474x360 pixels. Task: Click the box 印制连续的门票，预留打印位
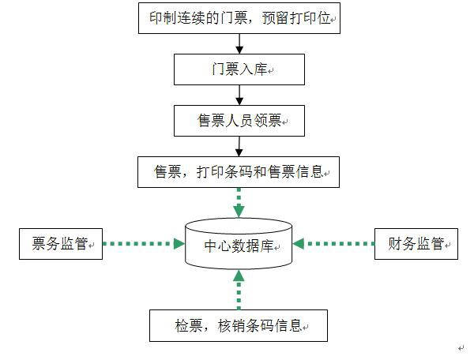(239, 17)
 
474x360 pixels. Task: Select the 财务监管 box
(416, 244)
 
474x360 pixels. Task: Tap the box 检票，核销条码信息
(239, 324)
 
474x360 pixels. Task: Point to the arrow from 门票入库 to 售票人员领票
(239, 96)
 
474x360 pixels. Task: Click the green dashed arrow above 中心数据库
(239, 202)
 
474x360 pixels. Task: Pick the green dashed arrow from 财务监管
(337, 244)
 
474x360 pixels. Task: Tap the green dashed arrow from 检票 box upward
(239, 289)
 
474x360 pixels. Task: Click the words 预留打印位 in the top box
(295, 17)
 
